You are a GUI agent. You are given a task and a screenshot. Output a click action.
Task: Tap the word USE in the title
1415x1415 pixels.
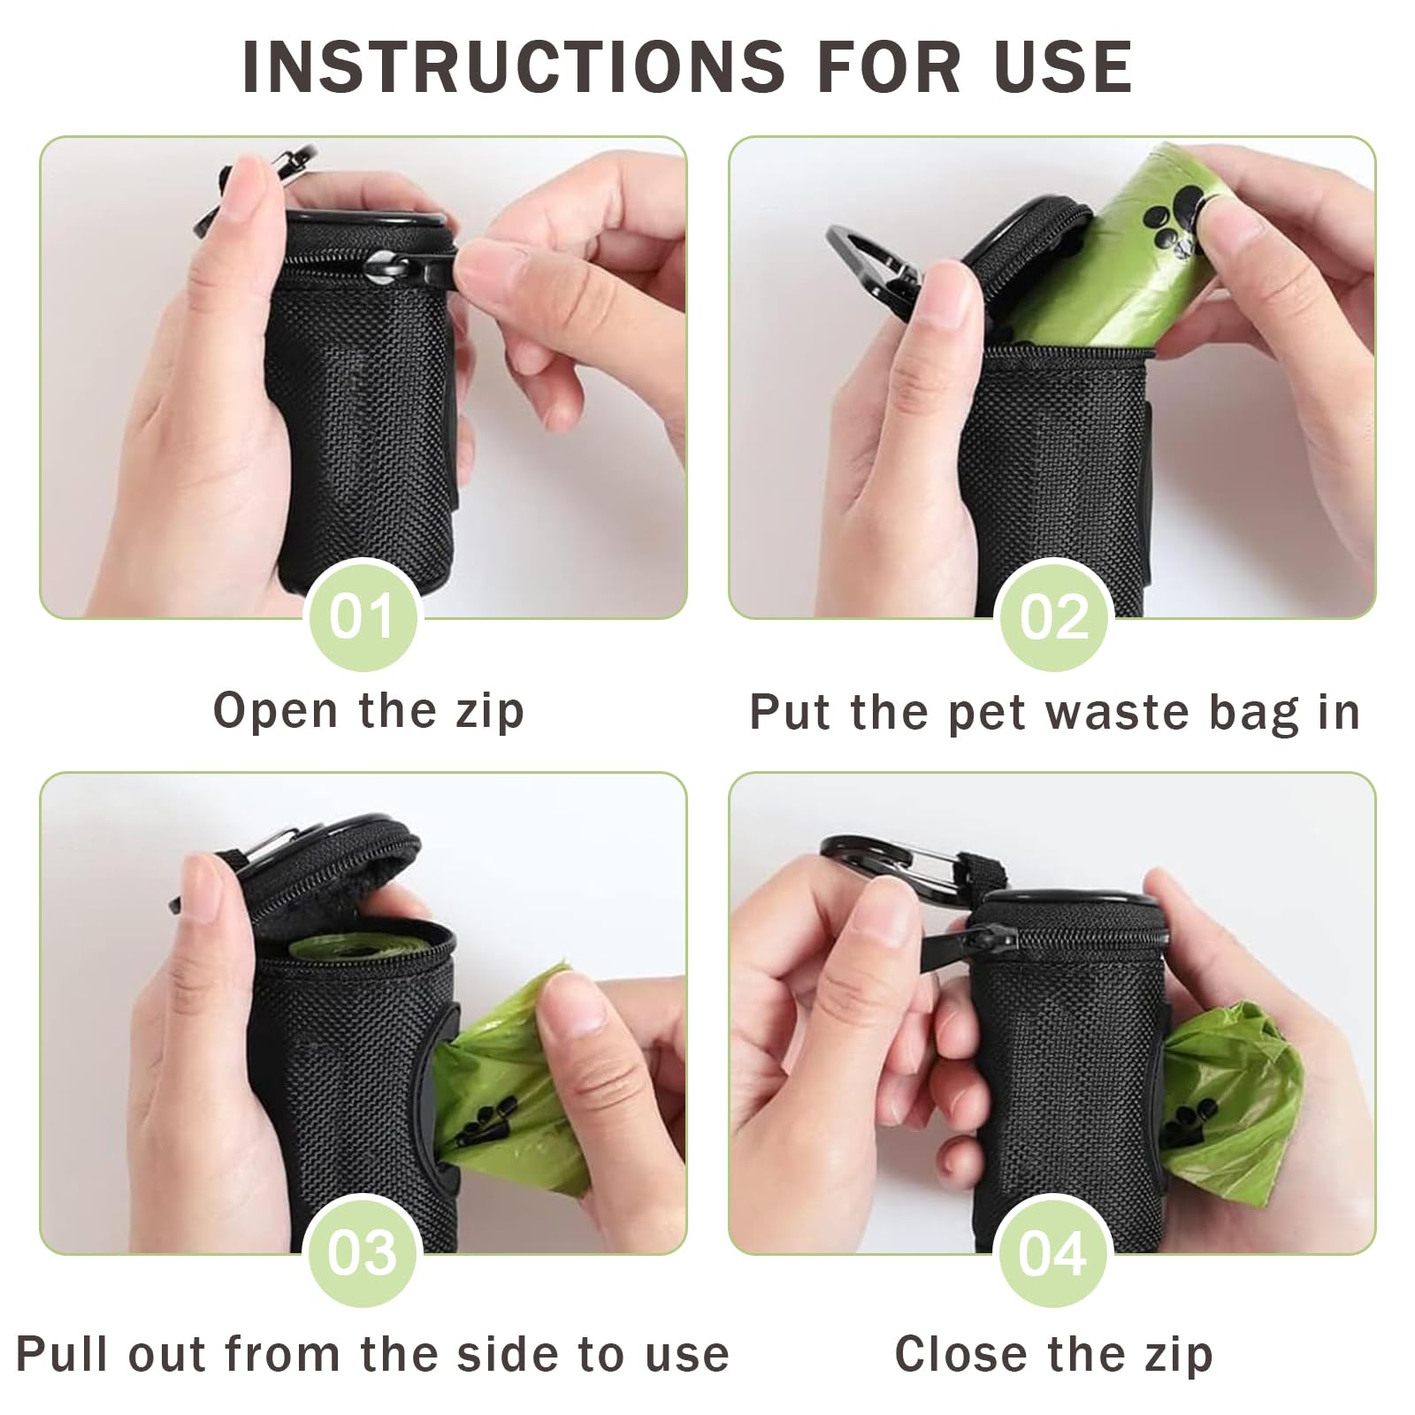tap(1063, 66)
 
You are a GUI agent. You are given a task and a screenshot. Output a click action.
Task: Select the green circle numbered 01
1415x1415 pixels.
tap(361, 616)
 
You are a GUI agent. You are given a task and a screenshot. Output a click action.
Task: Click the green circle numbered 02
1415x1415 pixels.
tap(1052, 616)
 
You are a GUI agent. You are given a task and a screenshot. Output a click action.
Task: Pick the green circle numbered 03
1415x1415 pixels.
tap(361, 1251)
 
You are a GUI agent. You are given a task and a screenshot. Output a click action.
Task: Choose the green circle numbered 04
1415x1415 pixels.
tap(1052, 1251)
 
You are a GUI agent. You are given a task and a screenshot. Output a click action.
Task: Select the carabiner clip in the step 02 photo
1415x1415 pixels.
tap(875, 265)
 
